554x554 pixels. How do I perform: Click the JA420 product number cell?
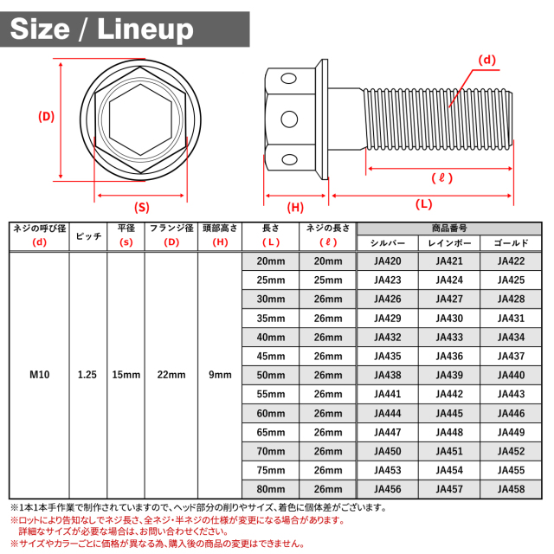[x=388, y=261]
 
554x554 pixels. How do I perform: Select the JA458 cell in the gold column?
[x=511, y=489]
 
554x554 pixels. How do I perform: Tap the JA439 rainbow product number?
[x=449, y=375]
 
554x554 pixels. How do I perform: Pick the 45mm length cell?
[x=271, y=356]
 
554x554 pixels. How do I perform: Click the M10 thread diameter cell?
[x=39, y=375]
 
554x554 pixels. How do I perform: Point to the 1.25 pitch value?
[x=87, y=375]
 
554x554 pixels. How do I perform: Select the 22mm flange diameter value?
[x=171, y=375]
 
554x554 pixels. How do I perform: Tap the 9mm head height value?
[x=220, y=375]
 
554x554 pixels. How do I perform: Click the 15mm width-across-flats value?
[x=126, y=375]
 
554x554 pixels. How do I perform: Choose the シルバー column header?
[x=388, y=243]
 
